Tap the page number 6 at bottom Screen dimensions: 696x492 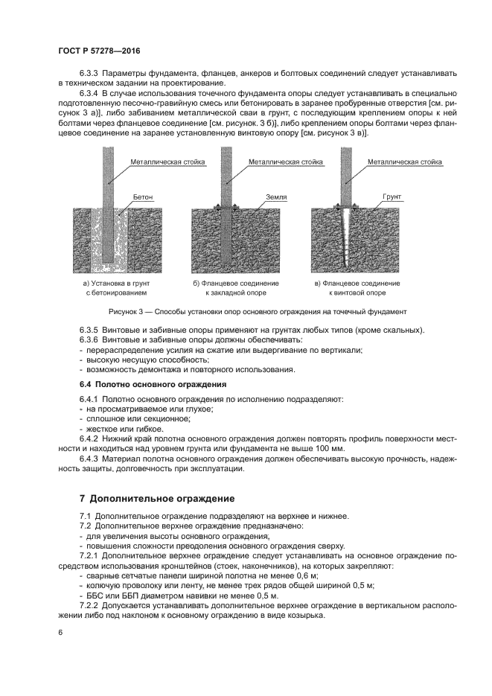tap(60, 632)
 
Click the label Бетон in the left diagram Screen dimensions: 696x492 tap(143, 197)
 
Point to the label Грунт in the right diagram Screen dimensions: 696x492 tap(392, 197)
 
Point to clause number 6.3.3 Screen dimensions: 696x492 tap(90, 74)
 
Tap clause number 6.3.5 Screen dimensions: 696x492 tap(90, 329)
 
